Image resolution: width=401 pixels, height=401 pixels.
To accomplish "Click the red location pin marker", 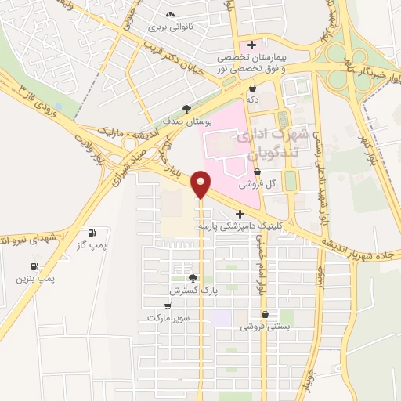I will tap(200, 183).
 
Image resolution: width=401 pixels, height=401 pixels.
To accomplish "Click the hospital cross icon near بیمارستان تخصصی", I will tap(251, 45).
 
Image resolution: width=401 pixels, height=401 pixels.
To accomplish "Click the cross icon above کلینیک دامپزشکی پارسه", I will tap(240, 213).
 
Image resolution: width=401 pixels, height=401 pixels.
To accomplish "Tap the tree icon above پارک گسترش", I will tap(193, 278).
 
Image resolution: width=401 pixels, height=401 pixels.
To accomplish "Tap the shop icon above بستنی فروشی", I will tap(265, 315).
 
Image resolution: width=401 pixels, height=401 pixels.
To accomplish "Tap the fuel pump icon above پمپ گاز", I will tap(92, 233).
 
